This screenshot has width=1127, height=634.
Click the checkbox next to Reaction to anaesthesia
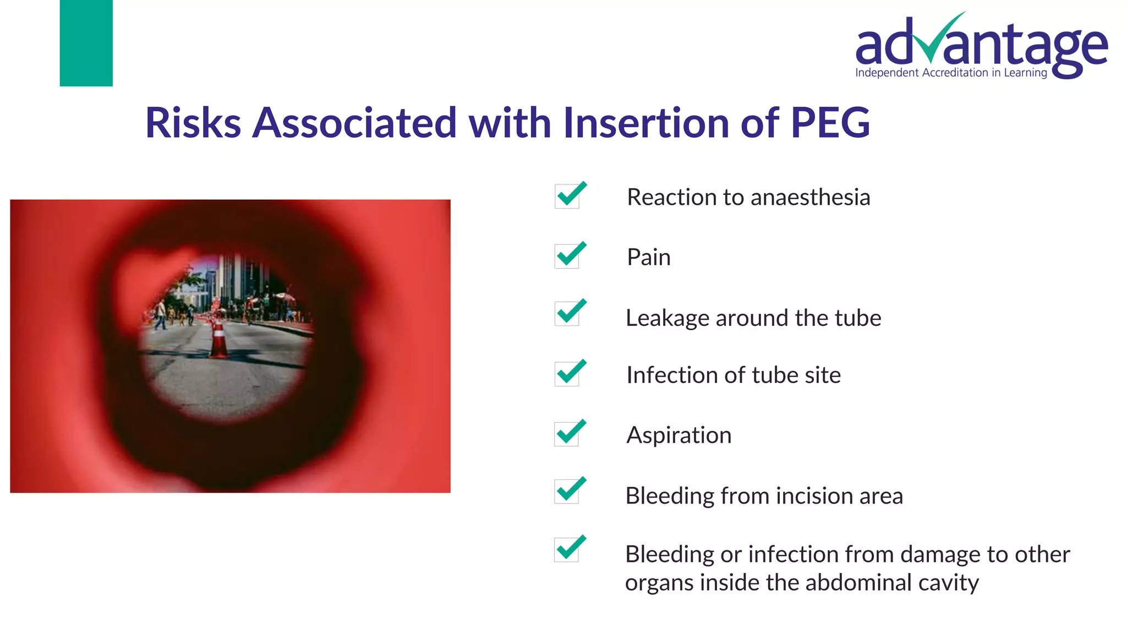pyautogui.click(x=567, y=196)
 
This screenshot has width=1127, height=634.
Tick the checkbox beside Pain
pyautogui.click(x=567, y=256)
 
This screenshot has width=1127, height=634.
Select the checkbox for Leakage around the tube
pyautogui.click(x=567, y=314)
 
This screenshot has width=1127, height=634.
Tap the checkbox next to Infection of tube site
pyautogui.click(x=567, y=374)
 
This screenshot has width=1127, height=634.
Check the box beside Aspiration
pyautogui.click(x=567, y=434)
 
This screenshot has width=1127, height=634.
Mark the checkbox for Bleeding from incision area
pyautogui.click(x=567, y=491)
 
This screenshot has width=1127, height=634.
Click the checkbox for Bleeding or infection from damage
pyautogui.click(x=567, y=550)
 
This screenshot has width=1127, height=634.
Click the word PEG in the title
pyautogui.click(x=830, y=123)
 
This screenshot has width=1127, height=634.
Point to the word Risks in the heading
pyautogui.click(x=193, y=123)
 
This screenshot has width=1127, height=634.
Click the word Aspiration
pyautogui.click(x=679, y=435)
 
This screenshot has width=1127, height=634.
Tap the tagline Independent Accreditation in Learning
pyautogui.click(x=951, y=73)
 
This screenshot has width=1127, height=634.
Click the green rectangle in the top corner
pyautogui.click(x=86, y=43)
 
